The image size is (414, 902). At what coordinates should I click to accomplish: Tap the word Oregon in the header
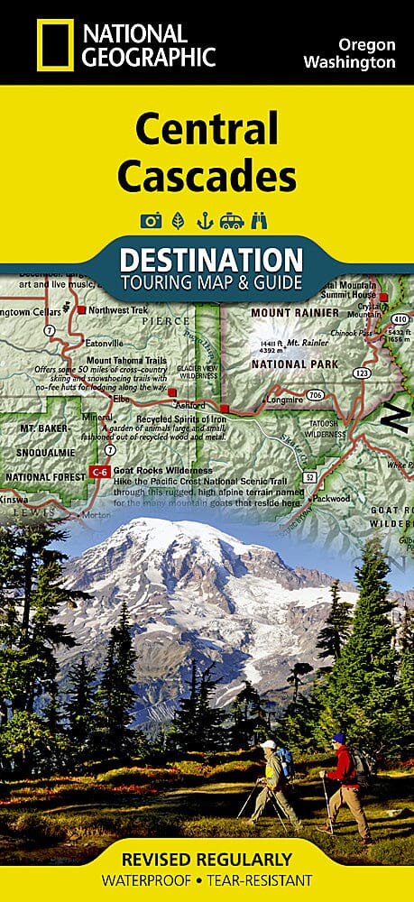pos(366,43)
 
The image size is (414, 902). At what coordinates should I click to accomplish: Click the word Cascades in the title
pos(207,176)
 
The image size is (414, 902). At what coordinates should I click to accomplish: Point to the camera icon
pos(150,220)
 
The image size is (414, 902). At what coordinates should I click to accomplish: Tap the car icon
pos(234,220)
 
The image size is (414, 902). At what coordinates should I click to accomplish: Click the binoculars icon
pos(262,220)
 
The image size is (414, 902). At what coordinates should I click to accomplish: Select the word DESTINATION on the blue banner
pos(211,260)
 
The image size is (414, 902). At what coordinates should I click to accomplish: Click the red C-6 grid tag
pos(102,471)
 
